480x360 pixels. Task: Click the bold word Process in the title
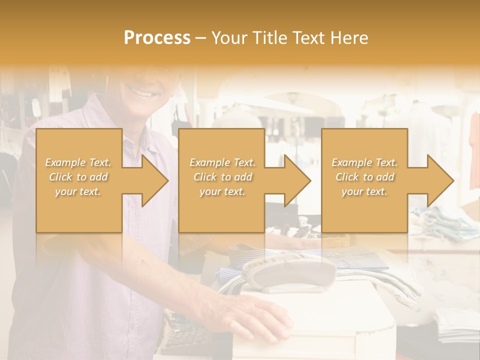tap(157, 37)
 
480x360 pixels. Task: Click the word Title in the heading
tap(268, 37)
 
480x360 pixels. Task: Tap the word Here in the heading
tap(349, 37)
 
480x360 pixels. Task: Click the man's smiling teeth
tap(143, 93)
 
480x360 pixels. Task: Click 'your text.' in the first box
tap(78, 191)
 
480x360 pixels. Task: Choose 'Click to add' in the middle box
tap(222, 177)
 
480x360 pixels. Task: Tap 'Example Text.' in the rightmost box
tap(364, 162)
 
